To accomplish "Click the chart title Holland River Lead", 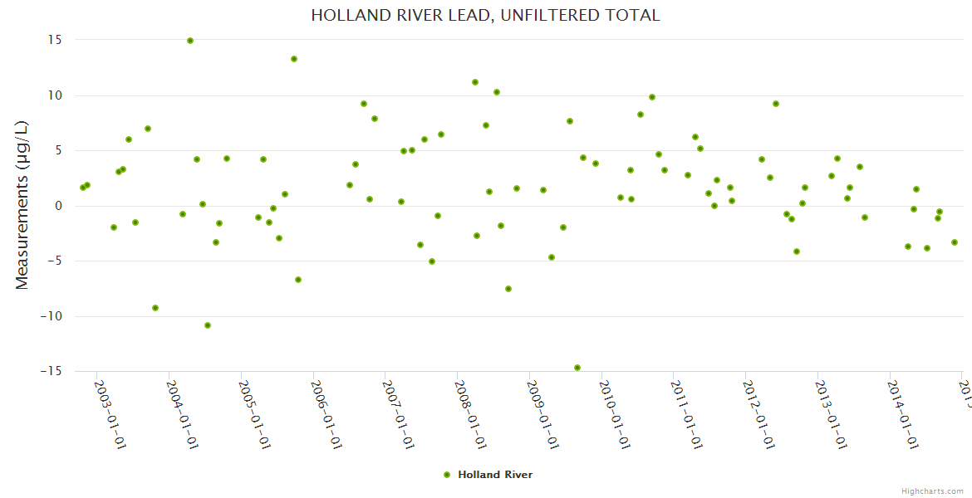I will point(485,15).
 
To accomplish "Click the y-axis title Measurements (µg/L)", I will point(22,205).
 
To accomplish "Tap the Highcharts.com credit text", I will point(932,491).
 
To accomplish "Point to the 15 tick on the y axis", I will point(58,40).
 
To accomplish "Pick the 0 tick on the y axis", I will point(60,206).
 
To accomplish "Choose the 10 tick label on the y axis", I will point(58,95).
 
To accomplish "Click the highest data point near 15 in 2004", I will point(190,41).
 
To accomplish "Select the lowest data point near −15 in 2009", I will point(577,368).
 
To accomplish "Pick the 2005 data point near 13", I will point(294,59).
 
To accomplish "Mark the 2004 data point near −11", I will point(208,325).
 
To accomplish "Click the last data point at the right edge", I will point(955,242).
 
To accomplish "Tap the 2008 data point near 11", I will point(475,82).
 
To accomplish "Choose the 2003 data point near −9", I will point(155,308).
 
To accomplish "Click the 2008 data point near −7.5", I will point(508,289).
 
